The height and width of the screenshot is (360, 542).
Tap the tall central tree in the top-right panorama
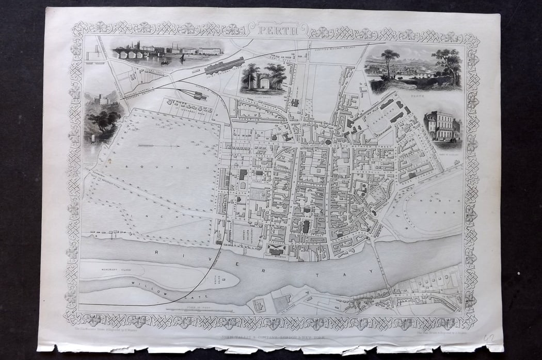pyautogui.click(x=390, y=59)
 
